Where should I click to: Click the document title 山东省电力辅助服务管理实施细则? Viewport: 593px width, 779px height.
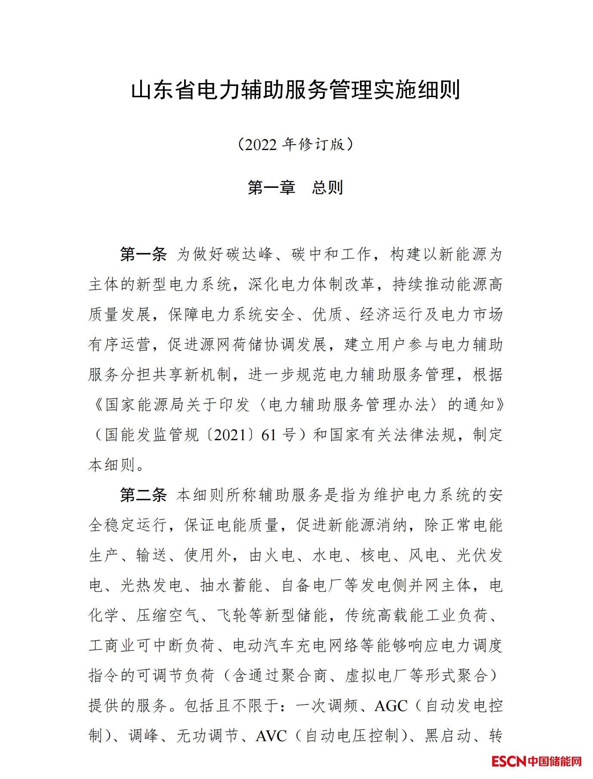(296, 90)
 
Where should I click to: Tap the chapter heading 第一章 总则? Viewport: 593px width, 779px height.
(295, 187)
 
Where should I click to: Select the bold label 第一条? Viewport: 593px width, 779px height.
(143, 254)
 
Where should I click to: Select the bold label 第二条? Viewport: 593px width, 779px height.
(143, 495)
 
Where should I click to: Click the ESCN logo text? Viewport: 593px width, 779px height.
(509, 761)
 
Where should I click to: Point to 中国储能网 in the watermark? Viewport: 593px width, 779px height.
(554, 761)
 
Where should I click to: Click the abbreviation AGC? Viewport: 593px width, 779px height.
(390, 706)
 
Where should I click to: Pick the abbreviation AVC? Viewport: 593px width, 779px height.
(271, 736)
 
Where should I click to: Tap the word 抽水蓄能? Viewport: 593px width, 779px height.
(231, 585)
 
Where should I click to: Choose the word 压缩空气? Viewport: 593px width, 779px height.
(168, 615)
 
